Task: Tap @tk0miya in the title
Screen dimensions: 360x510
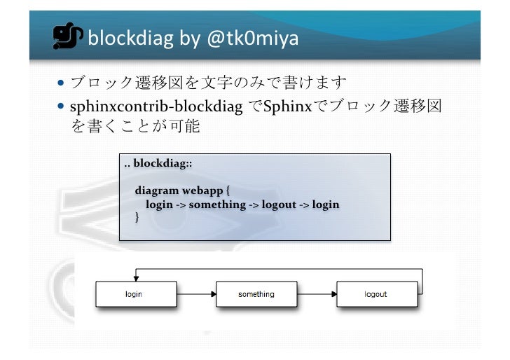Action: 250,39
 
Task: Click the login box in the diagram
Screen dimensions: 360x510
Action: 134,294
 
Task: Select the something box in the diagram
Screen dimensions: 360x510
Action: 256,294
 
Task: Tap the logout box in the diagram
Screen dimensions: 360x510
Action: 375,294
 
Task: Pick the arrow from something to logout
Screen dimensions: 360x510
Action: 315,294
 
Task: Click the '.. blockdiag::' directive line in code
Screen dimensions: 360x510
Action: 158,164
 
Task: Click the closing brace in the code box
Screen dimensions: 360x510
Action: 137,218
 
